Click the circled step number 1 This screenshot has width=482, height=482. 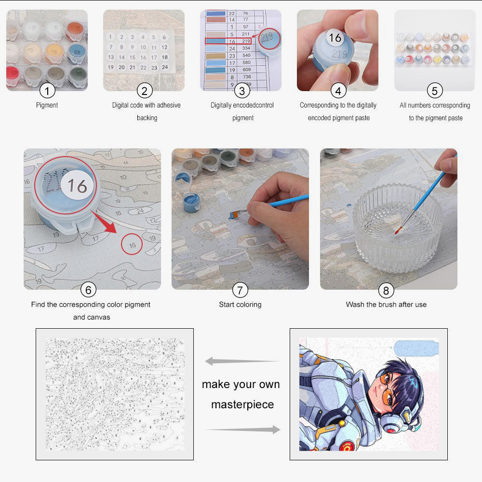pyautogui.click(x=47, y=91)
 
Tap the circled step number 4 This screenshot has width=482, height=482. pyautogui.click(x=338, y=91)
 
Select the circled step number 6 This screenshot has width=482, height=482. pyautogui.click(x=88, y=290)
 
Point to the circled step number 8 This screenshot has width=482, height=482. pyautogui.click(x=386, y=290)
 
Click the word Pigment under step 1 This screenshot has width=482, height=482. pyautogui.click(x=47, y=105)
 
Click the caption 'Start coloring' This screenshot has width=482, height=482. pyautogui.click(x=240, y=305)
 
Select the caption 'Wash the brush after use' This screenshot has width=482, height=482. pyautogui.click(x=386, y=305)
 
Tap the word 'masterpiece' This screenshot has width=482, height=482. pyautogui.click(x=242, y=404)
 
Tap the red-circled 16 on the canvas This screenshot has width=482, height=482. pyautogui.click(x=132, y=245)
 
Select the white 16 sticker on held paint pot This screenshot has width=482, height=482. pyautogui.click(x=335, y=38)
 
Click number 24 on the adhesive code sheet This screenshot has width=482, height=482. pyautogui.click(x=164, y=67)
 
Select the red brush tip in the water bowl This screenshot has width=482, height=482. pyautogui.click(x=397, y=231)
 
